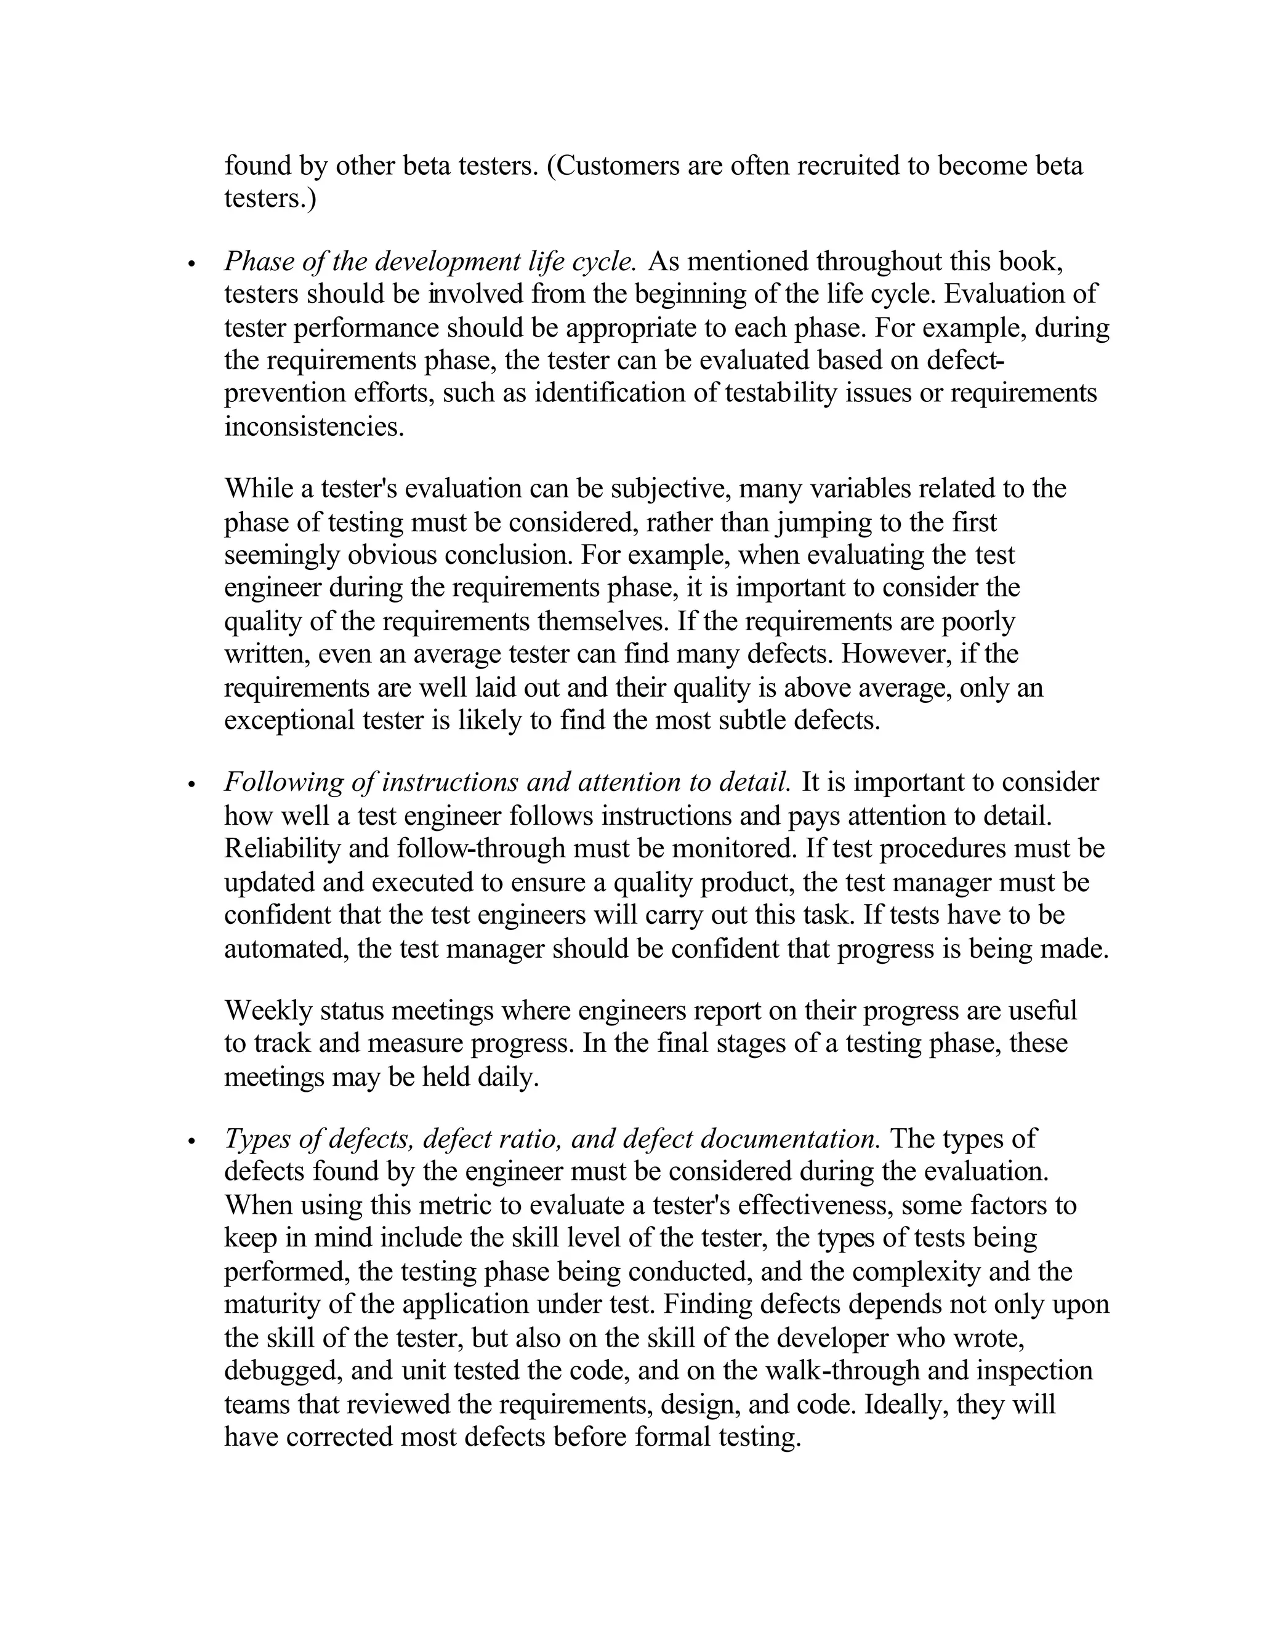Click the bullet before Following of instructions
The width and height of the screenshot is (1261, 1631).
click(192, 785)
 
